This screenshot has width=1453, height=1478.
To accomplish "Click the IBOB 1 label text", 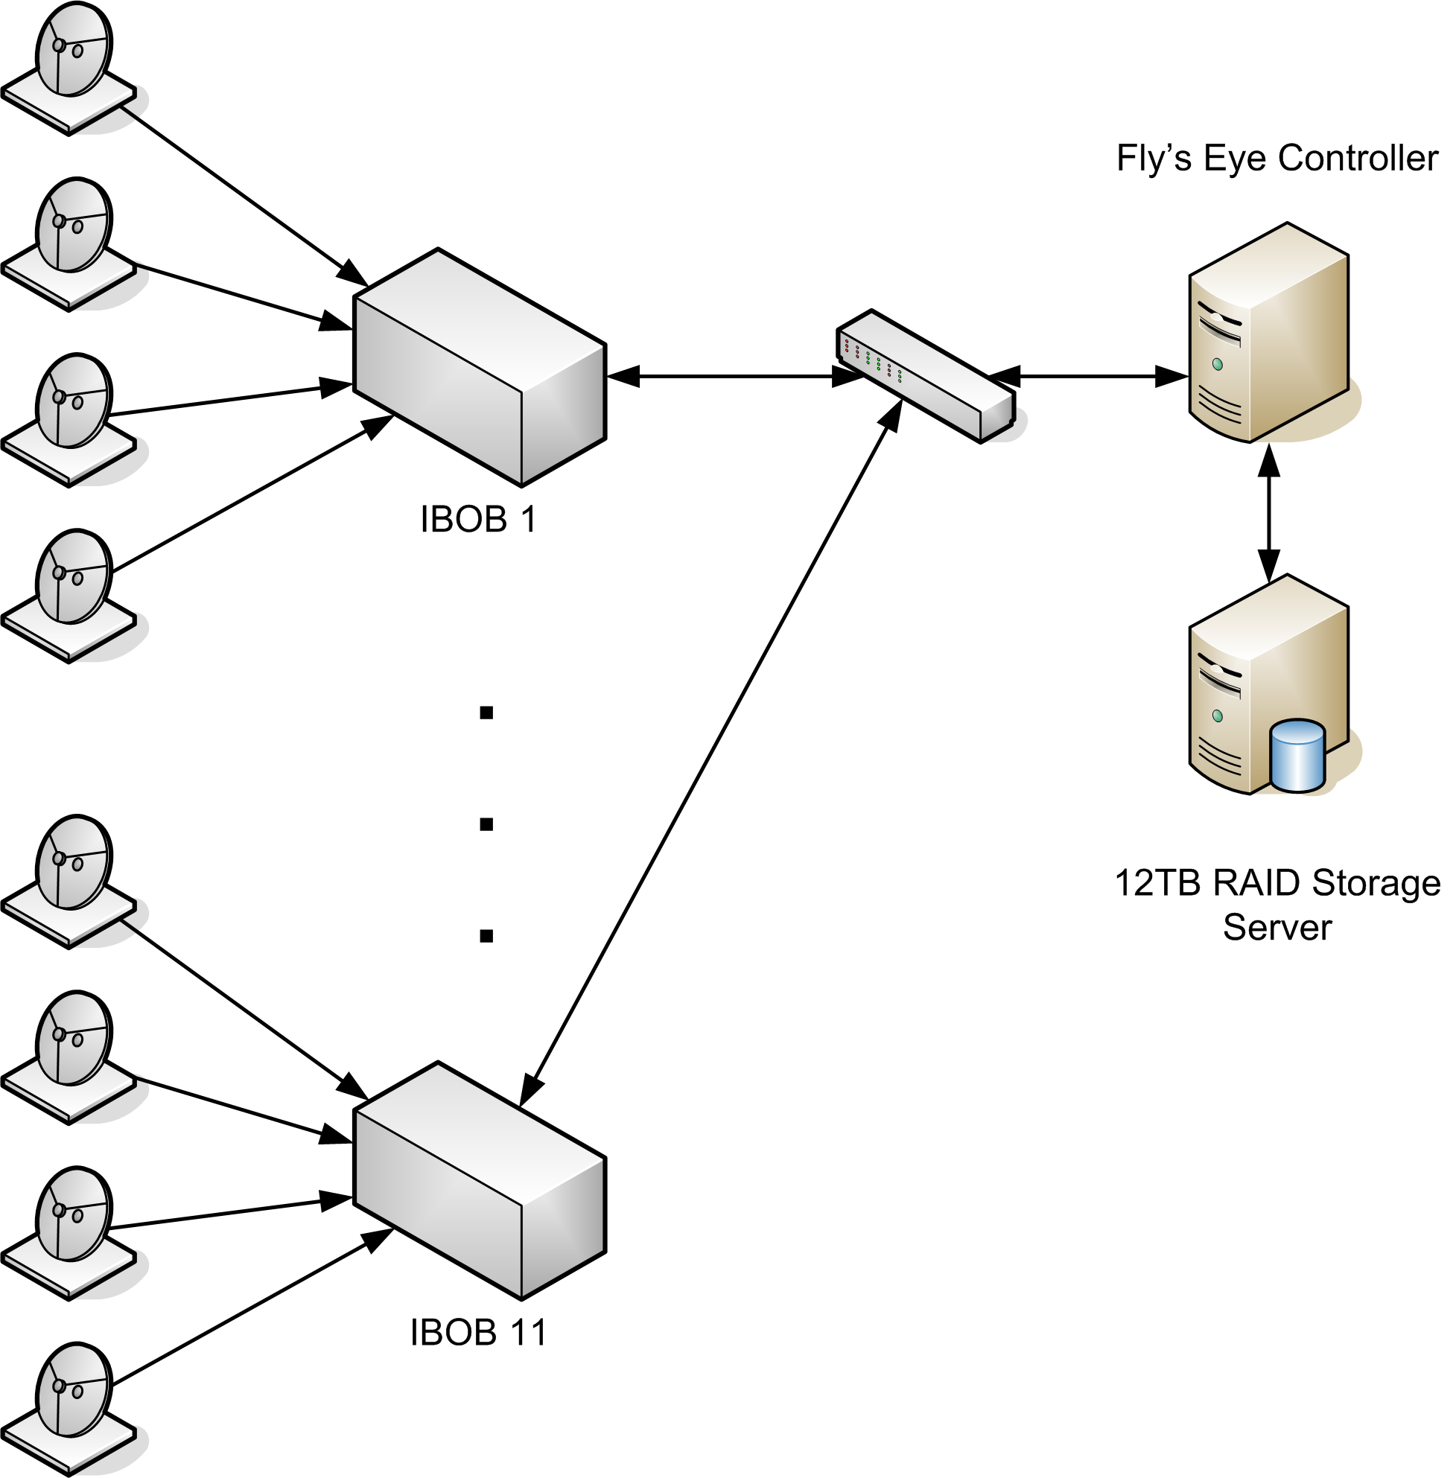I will pyautogui.click(x=478, y=520).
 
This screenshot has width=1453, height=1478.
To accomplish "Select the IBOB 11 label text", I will pyautogui.click(x=478, y=1333).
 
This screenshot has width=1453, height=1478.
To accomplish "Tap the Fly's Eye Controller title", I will pyautogui.click(x=1276, y=158).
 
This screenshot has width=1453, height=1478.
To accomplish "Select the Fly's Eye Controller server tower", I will pyautogui.click(x=1268, y=334).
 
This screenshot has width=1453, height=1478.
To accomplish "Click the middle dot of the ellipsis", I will pyautogui.click(x=486, y=825).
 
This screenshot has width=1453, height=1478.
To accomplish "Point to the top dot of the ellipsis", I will pyautogui.click(x=486, y=713).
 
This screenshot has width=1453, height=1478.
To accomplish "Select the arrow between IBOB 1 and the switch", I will pyautogui.click(x=733, y=376).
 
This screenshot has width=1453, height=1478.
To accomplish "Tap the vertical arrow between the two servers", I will pyautogui.click(x=1268, y=514).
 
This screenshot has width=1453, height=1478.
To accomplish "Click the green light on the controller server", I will pyautogui.click(x=1218, y=365).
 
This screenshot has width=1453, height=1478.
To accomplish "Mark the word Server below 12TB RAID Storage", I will pyautogui.click(x=1276, y=928).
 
